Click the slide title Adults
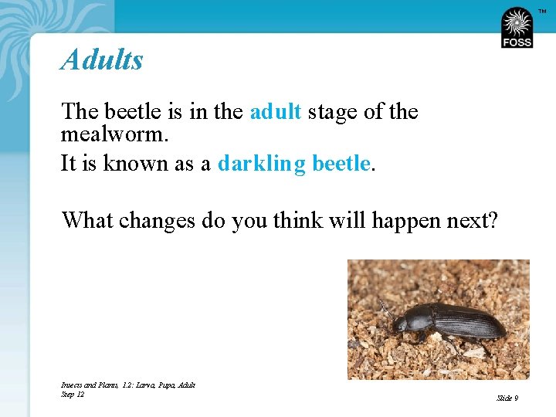coord(102,59)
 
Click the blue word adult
coord(275,112)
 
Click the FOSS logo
coord(517,28)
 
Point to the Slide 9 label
coord(507,398)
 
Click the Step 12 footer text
coord(73,395)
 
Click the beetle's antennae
coord(384,306)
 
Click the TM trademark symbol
coord(542,10)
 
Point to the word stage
coord(332,112)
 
